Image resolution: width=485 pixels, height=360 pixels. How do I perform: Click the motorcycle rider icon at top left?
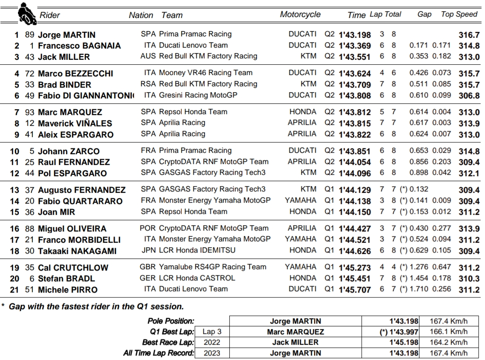(27, 15)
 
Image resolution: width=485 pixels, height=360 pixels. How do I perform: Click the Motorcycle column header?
(300, 14)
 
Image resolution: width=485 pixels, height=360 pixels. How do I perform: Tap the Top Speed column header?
(459, 14)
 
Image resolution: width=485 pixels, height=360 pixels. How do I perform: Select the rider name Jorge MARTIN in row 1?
(67, 35)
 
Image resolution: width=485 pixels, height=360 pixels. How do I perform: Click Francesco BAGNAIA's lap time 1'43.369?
(355, 46)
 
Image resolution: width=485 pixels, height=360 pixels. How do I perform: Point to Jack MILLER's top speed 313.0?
(469, 57)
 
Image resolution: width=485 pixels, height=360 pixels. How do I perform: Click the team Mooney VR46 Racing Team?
(206, 72)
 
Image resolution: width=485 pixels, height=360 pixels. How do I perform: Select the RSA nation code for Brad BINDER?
(148, 84)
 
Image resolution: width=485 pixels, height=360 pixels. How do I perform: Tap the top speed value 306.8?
(469, 96)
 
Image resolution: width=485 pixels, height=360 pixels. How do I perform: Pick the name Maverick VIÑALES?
(75, 124)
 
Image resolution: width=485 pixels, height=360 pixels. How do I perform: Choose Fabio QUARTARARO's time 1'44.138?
(355, 201)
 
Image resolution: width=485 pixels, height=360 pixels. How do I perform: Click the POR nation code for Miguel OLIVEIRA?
(148, 228)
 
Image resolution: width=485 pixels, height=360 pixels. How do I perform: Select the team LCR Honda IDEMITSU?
(197, 250)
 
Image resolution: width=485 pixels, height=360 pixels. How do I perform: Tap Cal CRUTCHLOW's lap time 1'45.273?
(355, 268)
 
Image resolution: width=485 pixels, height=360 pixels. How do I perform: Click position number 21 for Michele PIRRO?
(15, 290)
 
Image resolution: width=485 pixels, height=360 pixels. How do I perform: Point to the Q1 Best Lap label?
(171, 332)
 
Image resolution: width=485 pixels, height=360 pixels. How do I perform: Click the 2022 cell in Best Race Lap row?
(212, 342)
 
